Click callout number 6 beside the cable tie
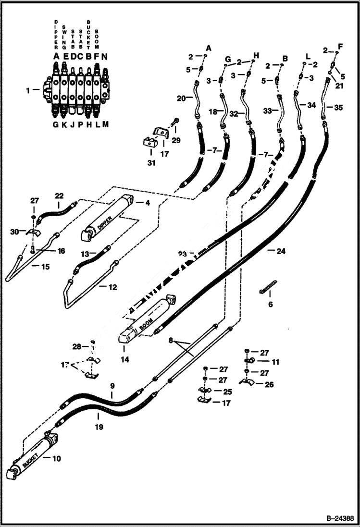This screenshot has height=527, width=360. [271, 304]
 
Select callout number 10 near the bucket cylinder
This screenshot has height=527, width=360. [56, 459]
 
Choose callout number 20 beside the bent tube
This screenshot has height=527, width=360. [181, 98]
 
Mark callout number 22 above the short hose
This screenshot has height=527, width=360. [59, 196]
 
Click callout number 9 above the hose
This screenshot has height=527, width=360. [112, 385]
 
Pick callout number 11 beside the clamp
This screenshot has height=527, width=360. [275, 362]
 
